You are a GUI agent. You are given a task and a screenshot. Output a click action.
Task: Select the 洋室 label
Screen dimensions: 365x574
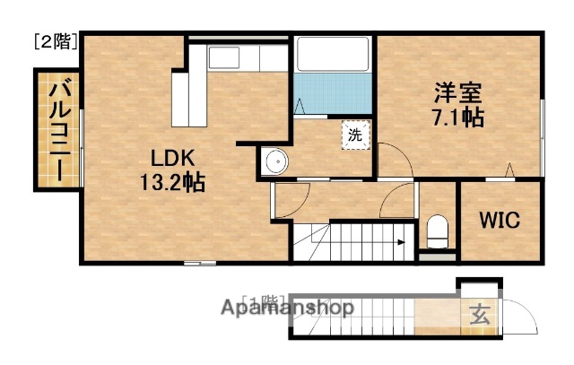click(x=458, y=93)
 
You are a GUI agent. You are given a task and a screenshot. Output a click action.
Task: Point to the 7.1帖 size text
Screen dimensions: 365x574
click(x=458, y=117)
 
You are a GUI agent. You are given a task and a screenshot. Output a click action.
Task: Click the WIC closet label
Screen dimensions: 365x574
click(x=499, y=221)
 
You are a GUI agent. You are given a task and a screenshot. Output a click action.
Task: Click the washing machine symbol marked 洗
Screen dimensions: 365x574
click(x=355, y=136)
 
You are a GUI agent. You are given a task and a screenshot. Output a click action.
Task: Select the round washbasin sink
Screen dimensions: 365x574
click(x=276, y=163)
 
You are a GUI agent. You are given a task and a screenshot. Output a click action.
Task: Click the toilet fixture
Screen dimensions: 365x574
click(x=439, y=231)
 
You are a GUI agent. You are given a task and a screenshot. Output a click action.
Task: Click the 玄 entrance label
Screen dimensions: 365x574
click(x=479, y=315)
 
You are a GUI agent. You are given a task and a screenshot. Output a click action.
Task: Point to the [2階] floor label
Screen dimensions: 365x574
click(x=56, y=41)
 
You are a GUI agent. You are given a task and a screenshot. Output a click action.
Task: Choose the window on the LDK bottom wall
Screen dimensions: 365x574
click(x=199, y=263)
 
